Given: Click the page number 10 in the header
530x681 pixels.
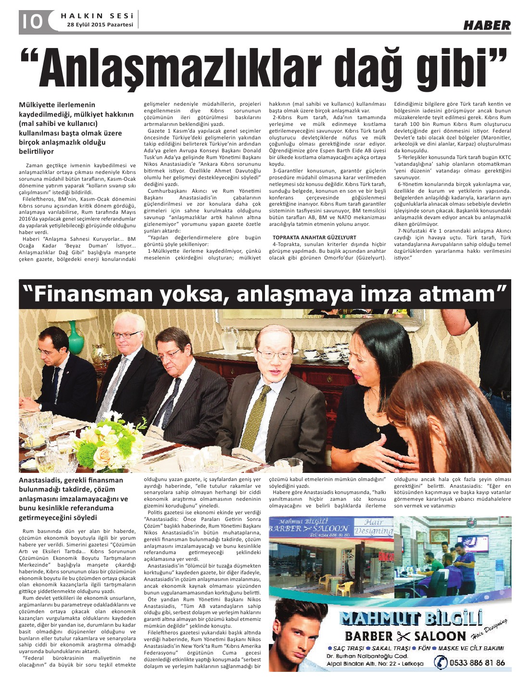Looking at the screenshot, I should tap(30, 22).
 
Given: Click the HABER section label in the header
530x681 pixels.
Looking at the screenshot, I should tap(487, 25).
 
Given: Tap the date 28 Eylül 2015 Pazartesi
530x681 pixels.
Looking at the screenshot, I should tap(100, 25).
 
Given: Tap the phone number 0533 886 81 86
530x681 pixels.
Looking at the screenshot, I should tap(477, 663).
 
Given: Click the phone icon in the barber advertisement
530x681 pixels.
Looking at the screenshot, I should tap(440, 662).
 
